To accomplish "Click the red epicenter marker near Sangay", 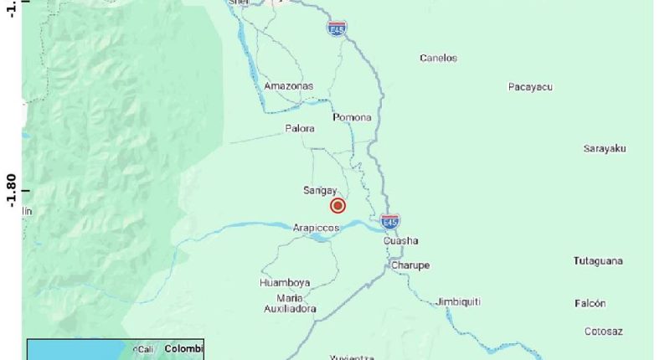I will [x=338, y=206].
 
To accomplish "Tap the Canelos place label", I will [x=438, y=58].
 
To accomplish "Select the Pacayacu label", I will [x=530, y=87].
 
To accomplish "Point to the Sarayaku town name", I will [x=605, y=148].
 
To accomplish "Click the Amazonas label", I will [x=288, y=86].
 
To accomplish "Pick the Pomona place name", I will [x=352, y=117].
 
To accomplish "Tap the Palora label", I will [x=300, y=128].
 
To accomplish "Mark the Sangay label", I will [x=320, y=190].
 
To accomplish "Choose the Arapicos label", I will [x=316, y=228].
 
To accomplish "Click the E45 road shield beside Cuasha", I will [x=389, y=222].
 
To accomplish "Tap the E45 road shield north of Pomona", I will [x=337, y=28].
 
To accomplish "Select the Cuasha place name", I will [x=400, y=242].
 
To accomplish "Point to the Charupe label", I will [x=410, y=265].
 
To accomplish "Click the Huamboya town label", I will [x=285, y=283].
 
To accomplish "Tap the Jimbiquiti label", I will [x=460, y=302].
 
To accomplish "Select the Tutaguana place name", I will [x=598, y=261].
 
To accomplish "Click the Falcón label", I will [x=590, y=303].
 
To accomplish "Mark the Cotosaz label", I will [x=603, y=332].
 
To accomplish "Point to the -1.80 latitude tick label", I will [x=11, y=190].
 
